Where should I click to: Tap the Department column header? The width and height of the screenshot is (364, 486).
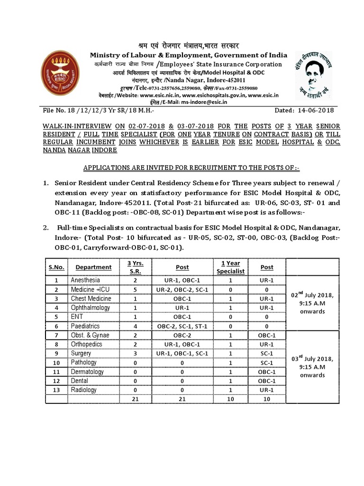(x=93, y=267)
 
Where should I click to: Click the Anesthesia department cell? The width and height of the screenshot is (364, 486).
(x=85, y=280)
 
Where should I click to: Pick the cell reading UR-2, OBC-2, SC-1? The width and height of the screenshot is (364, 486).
(x=182, y=290)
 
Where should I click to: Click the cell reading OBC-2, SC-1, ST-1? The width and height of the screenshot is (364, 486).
(x=182, y=326)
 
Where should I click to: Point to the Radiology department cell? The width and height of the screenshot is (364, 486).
(x=83, y=390)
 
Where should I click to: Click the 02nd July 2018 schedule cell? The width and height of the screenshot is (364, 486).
(x=312, y=303)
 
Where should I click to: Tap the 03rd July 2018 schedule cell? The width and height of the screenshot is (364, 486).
(x=312, y=366)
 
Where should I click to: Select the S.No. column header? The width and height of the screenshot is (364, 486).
(x=56, y=267)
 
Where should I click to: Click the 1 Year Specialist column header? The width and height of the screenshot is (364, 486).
(x=230, y=267)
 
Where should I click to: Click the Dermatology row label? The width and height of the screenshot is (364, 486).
(x=87, y=372)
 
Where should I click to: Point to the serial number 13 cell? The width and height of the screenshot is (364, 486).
(x=56, y=390)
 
